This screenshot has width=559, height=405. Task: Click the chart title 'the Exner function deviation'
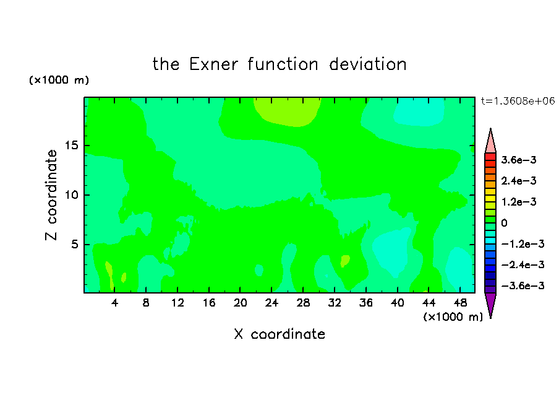pyautogui.click(x=279, y=64)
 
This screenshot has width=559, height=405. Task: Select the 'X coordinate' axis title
pyautogui.click(x=279, y=334)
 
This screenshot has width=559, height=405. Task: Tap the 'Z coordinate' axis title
pyautogui.click(x=51, y=195)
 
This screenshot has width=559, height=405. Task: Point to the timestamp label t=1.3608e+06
pyautogui.click(x=518, y=101)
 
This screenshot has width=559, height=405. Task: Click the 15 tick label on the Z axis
pyautogui.click(x=72, y=146)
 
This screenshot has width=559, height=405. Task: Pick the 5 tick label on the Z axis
pyautogui.click(x=75, y=244)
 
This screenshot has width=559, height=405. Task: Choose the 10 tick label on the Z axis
pyautogui.click(x=72, y=195)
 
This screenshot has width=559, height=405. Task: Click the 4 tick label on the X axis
pyautogui.click(x=114, y=303)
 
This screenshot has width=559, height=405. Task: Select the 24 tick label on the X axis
pyautogui.click(x=271, y=303)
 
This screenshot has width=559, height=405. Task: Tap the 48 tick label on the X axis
pyautogui.click(x=460, y=303)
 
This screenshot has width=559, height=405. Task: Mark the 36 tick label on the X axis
pyautogui.click(x=366, y=303)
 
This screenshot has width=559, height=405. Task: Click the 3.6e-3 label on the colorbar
pyautogui.click(x=519, y=160)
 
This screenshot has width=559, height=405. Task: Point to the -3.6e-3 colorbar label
pyautogui.click(x=523, y=285)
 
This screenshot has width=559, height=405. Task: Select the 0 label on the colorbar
pyautogui.click(x=504, y=223)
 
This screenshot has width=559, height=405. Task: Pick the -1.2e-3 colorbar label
pyautogui.click(x=523, y=244)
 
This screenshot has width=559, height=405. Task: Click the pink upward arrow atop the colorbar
pyautogui.click(x=490, y=141)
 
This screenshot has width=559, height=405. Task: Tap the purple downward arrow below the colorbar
pyautogui.click(x=490, y=305)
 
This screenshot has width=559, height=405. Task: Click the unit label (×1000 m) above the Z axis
pyautogui.click(x=59, y=80)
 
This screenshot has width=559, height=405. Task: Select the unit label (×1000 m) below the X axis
pyautogui.click(x=453, y=317)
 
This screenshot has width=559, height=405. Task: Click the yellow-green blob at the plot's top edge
pyautogui.click(x=288, y=111)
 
